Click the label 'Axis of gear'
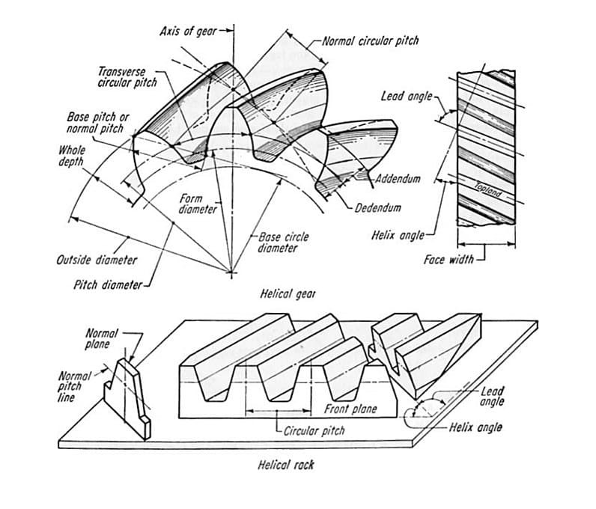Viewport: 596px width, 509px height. (189, 31)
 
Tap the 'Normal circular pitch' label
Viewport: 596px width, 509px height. (370, 40)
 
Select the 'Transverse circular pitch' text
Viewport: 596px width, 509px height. (127, 77)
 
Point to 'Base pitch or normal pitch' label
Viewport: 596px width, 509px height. (98, 123)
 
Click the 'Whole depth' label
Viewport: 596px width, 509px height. (72, 156)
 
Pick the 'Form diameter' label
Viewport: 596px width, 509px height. (198, 204)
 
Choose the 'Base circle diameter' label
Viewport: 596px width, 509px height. (283, 242)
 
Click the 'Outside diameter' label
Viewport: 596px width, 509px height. (97, 260)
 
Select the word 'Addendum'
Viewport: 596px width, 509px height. (398, 179)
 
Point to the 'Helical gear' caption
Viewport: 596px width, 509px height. (288, 294)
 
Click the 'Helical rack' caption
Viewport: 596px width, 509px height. (286, 465)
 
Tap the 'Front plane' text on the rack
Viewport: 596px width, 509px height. (350, 409)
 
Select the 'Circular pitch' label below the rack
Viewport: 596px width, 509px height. (314, 431)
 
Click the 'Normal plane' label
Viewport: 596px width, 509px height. (97, 338)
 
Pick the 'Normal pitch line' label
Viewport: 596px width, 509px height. (74, 386)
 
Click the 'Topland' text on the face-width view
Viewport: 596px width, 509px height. (490, 188)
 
